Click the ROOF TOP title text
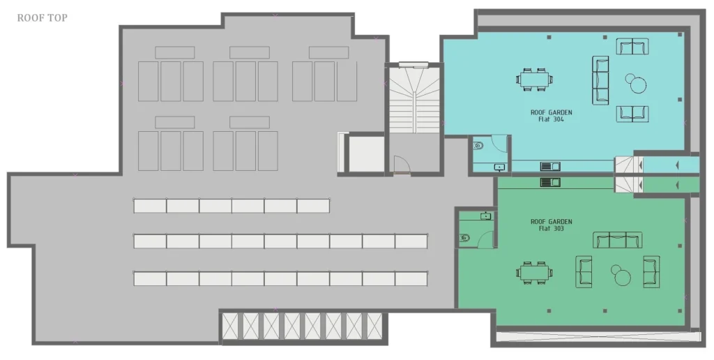pyautogui.click(x=43, y=17)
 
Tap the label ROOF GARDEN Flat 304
pyautogui.click(x=551, y=116)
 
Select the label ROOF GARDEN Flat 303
pyautogui.click(x=551, y=225)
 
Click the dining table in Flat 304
pyautogui.click(x=535, y=79)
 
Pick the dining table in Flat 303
pyautogui.click(x=535, y=273)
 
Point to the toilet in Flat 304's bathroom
pyautogui.click(x=478, y=146)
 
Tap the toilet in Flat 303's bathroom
pyautogui.click(x=464, y=237)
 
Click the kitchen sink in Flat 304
pyautogui.click(x=550, y=166)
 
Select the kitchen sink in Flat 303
pyautogui.click(x=550, y=182)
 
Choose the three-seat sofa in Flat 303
pyautogui.click(x=618, y=240)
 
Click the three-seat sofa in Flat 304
pyautogui.click(x=600, y=80)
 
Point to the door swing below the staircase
pyautogui.click(x=402, y=165)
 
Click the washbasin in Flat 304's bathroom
pyautogui.click(x=500, y=167)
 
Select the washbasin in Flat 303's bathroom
pyautogui.click(x=486, y=216)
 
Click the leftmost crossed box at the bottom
pyautogui.click(x=230, y=327)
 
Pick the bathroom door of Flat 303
pyautogui.click(x=485, y=239)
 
